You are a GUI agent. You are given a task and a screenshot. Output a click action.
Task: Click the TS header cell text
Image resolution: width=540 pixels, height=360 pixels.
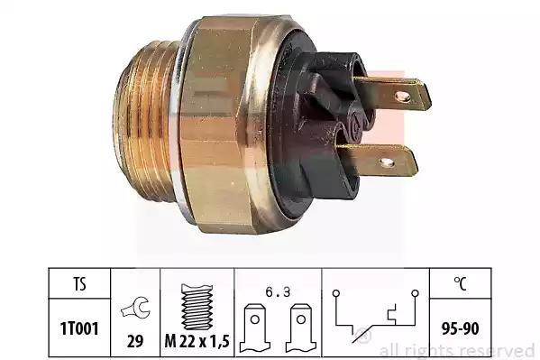tap(79, 284)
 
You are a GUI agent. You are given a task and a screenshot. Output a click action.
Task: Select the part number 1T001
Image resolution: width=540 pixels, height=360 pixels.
tap(79, 328)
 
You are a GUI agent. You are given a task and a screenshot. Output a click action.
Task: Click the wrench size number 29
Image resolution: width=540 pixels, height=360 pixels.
tap(135, 341)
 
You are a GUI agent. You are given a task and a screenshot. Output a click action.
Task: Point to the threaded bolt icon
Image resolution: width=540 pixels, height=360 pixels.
tap(197, 307)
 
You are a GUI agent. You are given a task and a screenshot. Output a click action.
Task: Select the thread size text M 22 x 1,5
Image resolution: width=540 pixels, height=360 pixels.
tap(197, 341)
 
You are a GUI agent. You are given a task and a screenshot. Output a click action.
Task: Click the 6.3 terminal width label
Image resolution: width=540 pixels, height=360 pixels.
tap(278, 292)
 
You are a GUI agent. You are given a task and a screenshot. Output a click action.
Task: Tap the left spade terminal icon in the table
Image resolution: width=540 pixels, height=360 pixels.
tap(255, 328)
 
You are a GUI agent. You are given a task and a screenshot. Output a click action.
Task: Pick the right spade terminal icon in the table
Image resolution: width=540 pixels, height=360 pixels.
tap(300, 328)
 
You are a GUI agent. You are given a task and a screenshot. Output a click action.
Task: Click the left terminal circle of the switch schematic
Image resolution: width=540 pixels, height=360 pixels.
tap(336, 293)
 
